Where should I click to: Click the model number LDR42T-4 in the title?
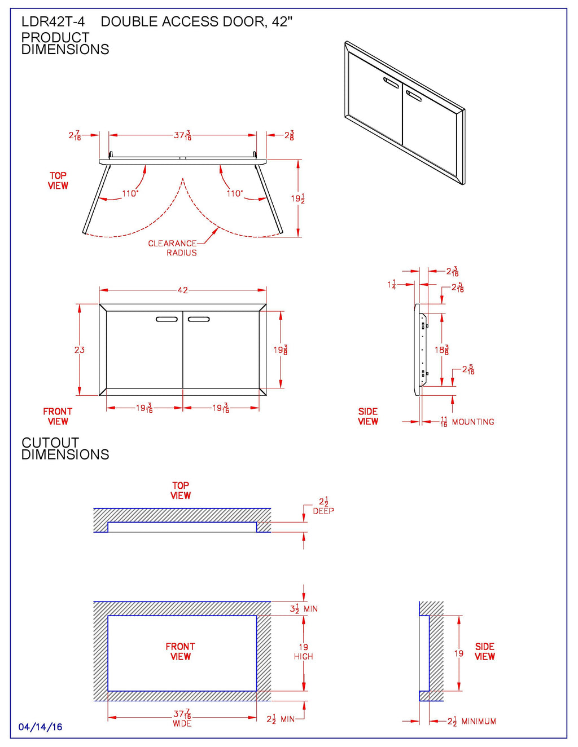tap(53, 22)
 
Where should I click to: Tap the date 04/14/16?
tap(40, 727)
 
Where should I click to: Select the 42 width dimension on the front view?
tap(182, 290)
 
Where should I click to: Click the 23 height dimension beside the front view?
tap(80, 350)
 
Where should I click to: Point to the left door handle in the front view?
tap(167, 319)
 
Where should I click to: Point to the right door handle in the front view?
tap(199, 319)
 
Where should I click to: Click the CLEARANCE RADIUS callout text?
tap(173, 248)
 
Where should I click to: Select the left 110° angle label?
tap(130, 193)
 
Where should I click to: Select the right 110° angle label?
tap(234, 193)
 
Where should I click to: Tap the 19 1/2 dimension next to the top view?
tap(297, 198)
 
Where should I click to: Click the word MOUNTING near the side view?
tap(473, 422)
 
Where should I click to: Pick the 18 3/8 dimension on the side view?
tap(441, 350)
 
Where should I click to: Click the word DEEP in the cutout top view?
tap(323, 511)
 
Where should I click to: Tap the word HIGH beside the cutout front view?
tap(303, 656)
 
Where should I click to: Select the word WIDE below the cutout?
tap(182, 723)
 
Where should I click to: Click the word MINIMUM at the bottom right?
tap(479, 721)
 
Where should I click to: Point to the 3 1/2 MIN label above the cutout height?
tap(304, 609)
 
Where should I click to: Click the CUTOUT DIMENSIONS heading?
tap(65, 449)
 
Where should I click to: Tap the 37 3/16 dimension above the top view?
tap(182, 135)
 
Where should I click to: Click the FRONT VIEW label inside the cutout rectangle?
tap(180, 651)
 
